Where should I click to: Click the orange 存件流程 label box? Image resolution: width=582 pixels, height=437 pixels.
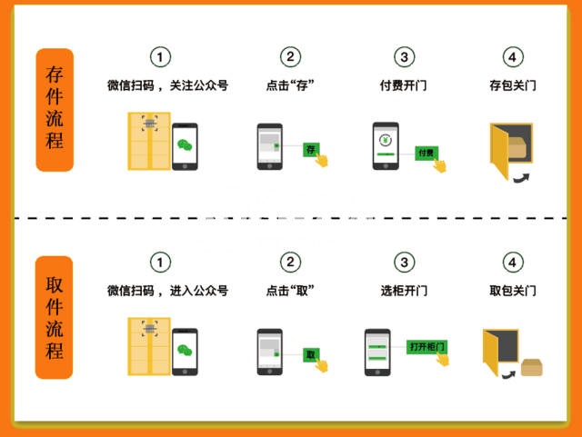(55, 109)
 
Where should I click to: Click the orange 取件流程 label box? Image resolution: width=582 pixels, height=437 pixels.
(55, 317)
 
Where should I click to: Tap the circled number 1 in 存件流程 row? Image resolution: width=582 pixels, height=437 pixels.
(160, 57)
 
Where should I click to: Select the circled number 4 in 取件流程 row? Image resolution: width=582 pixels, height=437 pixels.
(513, 263)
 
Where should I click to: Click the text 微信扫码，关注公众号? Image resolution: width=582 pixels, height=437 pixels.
(167, 85)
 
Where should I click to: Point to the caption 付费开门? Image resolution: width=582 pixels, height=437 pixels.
(403, 85)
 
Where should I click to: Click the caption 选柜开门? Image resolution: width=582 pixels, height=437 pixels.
(403, 292)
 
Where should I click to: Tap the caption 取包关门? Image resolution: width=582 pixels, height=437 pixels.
(513, 292)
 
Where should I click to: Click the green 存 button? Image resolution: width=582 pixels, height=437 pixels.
(310, 148)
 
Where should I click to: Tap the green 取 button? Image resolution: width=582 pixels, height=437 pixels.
(310, 354)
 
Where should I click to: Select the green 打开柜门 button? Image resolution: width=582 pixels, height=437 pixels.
(427, 347)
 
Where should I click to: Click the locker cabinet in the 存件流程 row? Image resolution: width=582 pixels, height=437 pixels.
(148, 143)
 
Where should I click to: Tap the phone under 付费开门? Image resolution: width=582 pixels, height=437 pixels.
(386, 146)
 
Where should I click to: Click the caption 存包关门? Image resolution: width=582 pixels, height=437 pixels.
(513, 85)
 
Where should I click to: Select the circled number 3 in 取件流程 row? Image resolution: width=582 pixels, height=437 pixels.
(403, 263)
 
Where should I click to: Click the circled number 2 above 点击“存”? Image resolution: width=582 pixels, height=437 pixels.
(290, 57)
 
